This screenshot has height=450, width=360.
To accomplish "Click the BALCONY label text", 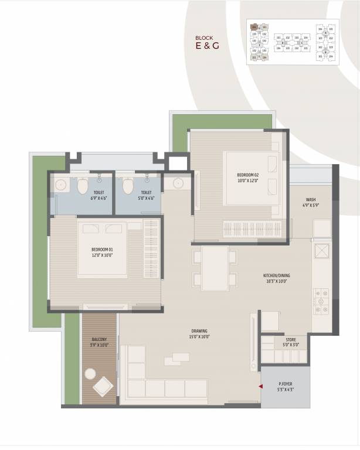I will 99,342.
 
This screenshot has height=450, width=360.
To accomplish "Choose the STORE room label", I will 291,343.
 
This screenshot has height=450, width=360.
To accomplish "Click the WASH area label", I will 310,203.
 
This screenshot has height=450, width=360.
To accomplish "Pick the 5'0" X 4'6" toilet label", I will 146,195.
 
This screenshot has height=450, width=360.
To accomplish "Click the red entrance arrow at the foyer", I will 260,387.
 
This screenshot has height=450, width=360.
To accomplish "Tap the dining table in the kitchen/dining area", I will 215,267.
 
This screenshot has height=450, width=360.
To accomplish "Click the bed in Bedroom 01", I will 103,250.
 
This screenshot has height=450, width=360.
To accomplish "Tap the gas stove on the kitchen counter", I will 321,300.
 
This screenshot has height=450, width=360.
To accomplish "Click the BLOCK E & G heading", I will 208,42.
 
